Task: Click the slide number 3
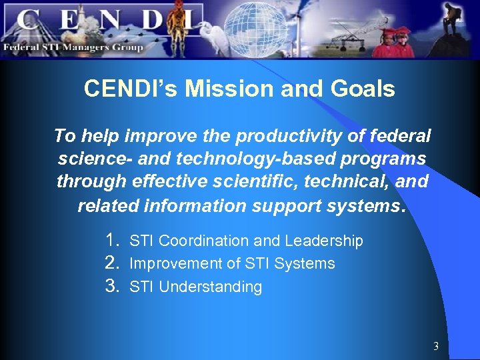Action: click(436, 346)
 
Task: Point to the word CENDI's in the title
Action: click(131, 89)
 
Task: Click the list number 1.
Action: click(113, 240)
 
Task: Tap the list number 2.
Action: click(113, 263)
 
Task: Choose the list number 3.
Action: click(113, 287)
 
